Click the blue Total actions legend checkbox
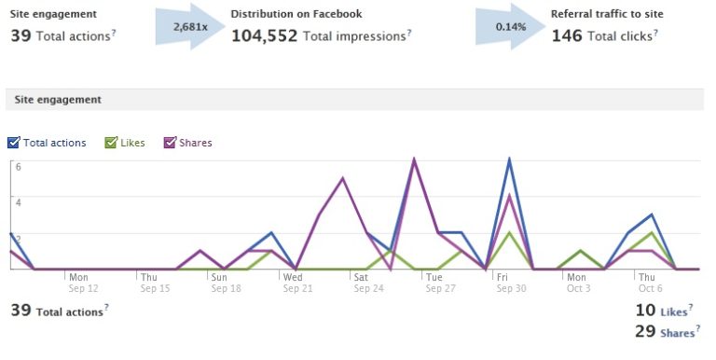tap(13, 143)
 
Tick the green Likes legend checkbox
tap(110, 143)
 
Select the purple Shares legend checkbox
tap(170, 143)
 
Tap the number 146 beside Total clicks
tap(566, 35)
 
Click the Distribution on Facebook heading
tap(296, 14)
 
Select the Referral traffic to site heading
tap(608, 14)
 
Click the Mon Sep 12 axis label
tap(79, 283)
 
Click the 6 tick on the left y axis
tap(18, 166)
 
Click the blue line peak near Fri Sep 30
tap(509, 159)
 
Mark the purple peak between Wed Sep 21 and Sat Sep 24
tap(343, 177)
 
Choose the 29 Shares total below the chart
tap(657, 331)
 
